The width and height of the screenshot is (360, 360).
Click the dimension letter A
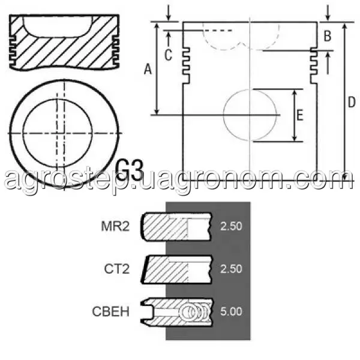148,69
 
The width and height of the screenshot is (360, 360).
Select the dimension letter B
327,36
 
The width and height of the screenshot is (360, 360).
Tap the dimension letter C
168,55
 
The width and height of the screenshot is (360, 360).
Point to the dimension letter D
351,102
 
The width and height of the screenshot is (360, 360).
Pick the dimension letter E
300,115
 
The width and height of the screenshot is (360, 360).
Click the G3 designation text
130,170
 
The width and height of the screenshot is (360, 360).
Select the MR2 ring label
115,226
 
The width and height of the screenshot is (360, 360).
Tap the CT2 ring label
116,269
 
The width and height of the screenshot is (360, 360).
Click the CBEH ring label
110,311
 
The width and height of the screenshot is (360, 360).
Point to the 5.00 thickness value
231,311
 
